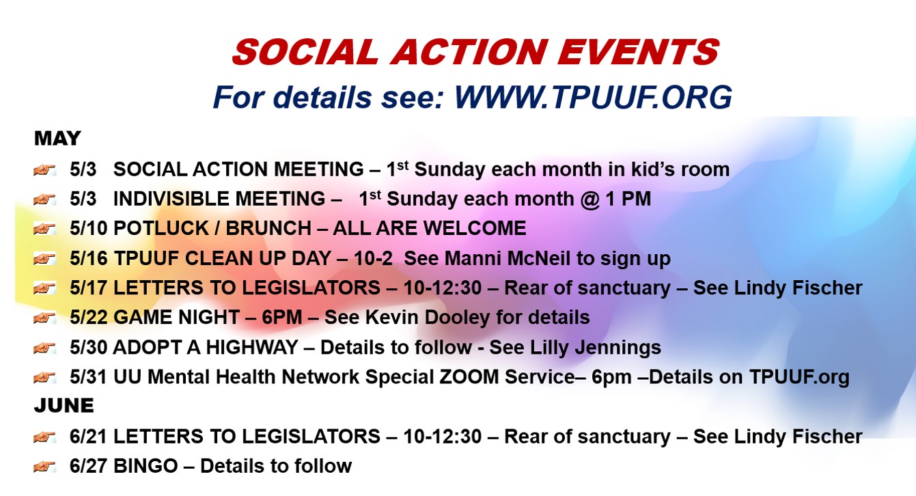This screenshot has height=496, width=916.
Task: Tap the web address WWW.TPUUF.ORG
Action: [x=593, y=97]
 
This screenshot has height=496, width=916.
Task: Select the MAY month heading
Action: [x=57, y=138]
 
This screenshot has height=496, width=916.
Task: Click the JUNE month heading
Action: [x=64, y=406]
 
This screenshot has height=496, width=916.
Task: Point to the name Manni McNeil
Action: [x=507, y=258]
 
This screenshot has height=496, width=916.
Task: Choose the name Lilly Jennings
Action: [x=596, y=348]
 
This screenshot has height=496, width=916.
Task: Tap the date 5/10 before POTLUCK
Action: [x=88, y=228]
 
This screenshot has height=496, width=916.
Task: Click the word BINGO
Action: [x=145, y=466]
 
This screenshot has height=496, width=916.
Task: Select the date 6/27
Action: [x=88, y=466]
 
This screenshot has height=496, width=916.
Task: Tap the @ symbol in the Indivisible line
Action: [x=589, y=199]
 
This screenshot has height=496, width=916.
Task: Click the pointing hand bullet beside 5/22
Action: [x=44, y=317]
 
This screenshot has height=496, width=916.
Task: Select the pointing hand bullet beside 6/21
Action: [x=44, y=437]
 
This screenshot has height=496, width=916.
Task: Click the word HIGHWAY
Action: [x=251, y=348]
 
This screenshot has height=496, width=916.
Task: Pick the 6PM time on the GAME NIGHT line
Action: [x=281, y=317]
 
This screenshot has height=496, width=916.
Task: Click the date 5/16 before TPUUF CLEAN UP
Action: [x=88, y=258]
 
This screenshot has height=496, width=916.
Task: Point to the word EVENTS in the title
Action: [x=639, y=52]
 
